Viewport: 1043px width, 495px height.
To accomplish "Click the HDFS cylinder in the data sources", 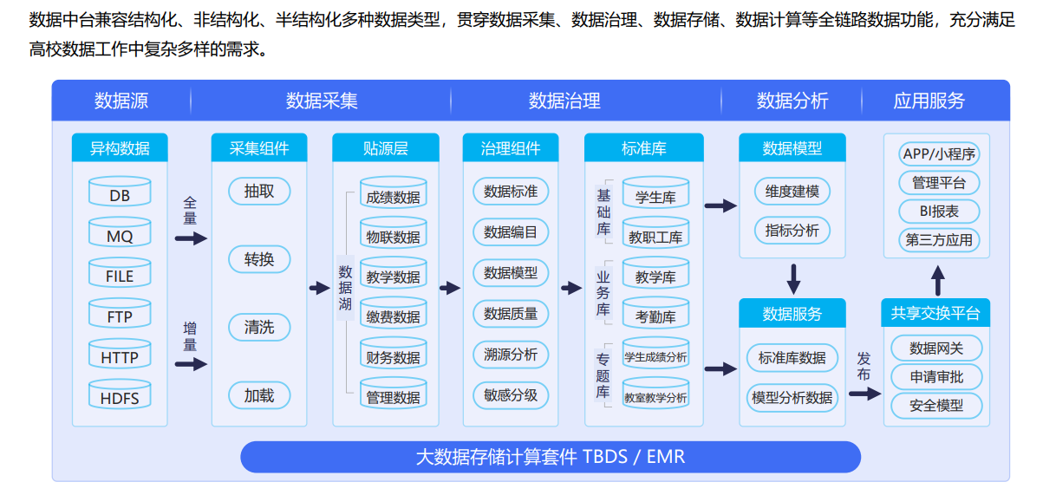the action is (120, 394).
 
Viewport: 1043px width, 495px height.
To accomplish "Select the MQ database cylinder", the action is (120, 232).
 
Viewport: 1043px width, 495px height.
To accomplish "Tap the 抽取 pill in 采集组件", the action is (259, 191).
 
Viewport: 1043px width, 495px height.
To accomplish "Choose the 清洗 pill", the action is (259, 327).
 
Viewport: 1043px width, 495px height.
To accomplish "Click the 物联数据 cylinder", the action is (394, 232).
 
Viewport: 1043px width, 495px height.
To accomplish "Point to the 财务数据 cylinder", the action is (394, 353).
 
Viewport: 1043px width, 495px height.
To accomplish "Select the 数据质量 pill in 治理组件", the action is (511, 314).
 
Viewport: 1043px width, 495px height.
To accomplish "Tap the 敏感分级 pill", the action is (511, 395).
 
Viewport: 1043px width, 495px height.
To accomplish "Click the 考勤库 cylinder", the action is (655, 312).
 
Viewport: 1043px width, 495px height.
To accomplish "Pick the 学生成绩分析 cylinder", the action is (655, 353).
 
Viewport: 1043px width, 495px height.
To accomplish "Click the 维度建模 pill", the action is (792, 191).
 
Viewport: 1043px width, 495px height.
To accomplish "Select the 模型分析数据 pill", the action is (792, 397).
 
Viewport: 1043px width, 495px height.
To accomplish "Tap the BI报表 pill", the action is (939, 211).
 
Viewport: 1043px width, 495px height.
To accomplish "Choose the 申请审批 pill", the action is (936, 376).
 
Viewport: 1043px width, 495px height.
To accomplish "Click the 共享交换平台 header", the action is (935, 313).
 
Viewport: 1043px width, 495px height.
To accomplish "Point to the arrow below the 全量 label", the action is (191, 239).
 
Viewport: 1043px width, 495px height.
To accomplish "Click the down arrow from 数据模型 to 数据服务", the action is (793, 279).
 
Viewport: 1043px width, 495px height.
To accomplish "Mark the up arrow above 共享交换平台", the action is (938, 280).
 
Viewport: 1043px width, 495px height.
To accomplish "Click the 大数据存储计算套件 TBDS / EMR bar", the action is (551, 457).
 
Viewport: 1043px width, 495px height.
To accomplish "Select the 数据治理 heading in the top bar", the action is (564, 101).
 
